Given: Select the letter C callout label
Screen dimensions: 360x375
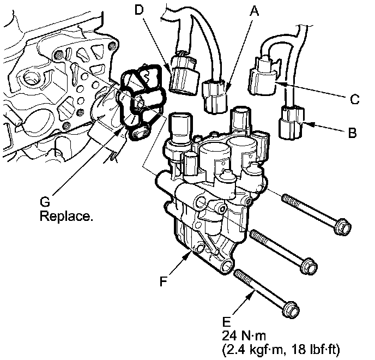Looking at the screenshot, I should [354, 99].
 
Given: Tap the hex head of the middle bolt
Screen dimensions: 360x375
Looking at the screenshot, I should [307, 265].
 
